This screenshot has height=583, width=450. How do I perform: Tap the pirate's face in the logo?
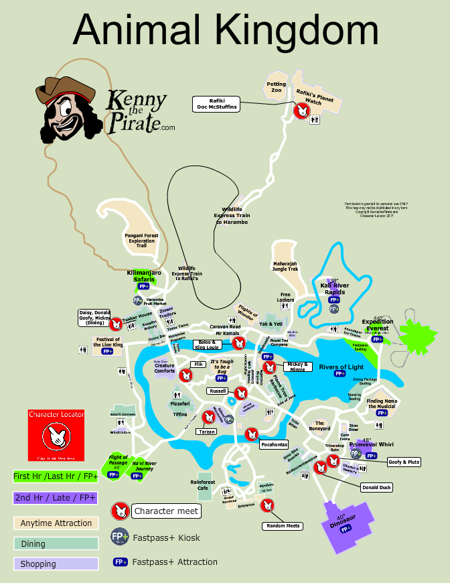coord(67,114)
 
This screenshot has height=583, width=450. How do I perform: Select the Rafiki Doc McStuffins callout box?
coord(216,104)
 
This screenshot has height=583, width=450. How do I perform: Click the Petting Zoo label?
coord(277,87)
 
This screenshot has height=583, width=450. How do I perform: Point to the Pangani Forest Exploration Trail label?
coord(141,241)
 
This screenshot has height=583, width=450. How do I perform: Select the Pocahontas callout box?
coord(274,444)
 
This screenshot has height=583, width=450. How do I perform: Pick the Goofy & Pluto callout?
coord(404,462)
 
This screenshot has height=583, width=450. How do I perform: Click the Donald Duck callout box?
coord(376,487)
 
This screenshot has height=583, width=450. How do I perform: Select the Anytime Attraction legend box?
coord(56,523)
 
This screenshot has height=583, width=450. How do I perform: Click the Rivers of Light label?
coord(341,367)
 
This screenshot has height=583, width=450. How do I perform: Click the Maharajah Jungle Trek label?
coord(285,267)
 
